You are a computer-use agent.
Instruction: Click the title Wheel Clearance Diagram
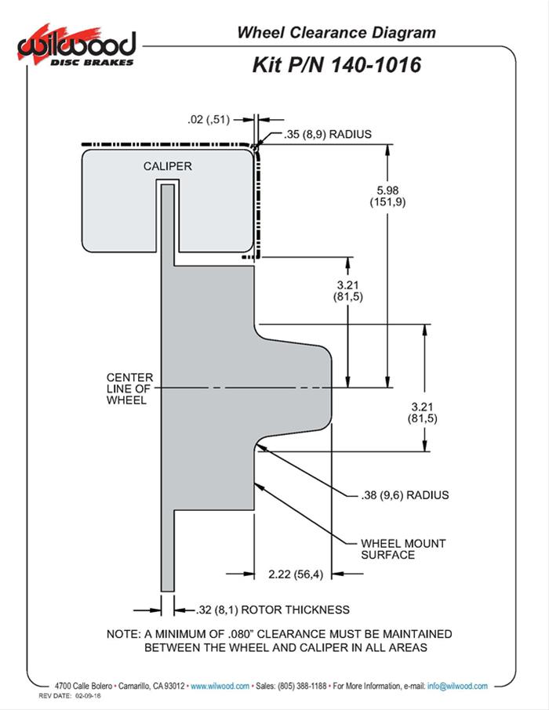coord(336,32)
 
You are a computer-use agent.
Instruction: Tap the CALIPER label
coord(167,166)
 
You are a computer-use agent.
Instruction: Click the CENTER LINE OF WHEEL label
coord(129,389)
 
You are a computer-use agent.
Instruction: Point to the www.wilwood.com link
coord(220,686)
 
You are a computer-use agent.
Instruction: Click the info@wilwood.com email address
coord(457,686)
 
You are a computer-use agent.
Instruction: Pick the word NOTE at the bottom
coord(122,634)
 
